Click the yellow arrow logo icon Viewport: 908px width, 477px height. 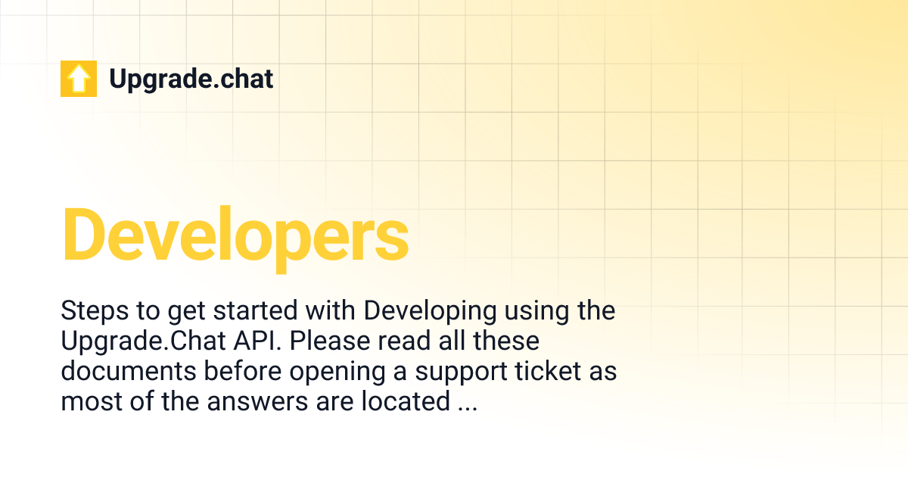point(79,79)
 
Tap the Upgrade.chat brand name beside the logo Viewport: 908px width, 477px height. point(191,79)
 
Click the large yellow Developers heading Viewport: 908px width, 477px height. point(235,233)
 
